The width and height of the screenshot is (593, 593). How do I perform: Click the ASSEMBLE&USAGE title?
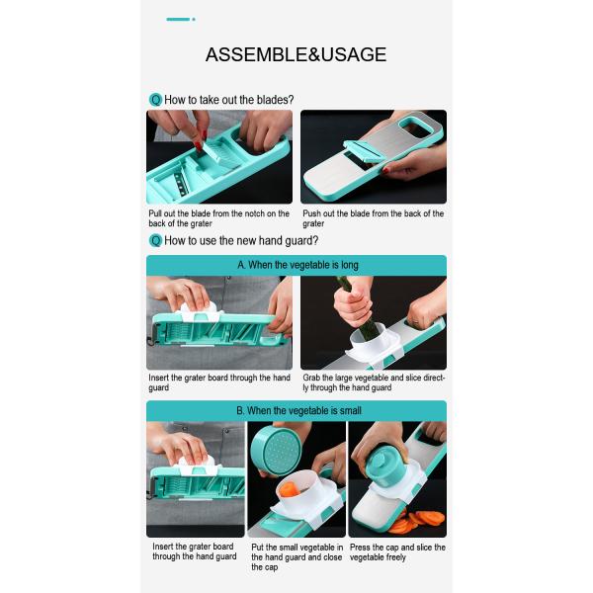click(296, 54)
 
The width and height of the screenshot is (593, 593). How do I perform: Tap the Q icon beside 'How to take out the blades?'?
click(155, 100)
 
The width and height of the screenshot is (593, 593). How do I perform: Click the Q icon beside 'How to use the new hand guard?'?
click(155, 240)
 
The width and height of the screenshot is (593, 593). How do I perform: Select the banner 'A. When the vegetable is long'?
click(296, 265)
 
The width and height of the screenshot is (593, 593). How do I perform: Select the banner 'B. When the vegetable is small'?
click(296, 411)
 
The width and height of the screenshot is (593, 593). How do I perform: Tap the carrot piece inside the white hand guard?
click(290, 489)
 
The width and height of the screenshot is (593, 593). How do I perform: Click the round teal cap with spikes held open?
click(275, 449)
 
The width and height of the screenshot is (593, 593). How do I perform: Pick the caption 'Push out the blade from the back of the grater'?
click(373, 218)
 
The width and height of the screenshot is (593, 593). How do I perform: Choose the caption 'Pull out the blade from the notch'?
click(219, 218)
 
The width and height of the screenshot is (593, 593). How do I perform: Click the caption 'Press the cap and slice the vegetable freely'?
click(397, 552)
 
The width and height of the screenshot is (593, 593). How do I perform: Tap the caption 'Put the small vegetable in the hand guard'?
click(296, 557)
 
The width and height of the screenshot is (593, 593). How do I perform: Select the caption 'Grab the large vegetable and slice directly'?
click(374, 382)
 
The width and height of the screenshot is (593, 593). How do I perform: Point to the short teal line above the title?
click(178, 20)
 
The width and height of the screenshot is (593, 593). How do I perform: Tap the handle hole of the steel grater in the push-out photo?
click(416, 127)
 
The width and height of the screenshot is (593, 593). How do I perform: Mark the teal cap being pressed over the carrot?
click(386, 467)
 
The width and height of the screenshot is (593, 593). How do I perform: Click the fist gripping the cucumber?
click(353, 306)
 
